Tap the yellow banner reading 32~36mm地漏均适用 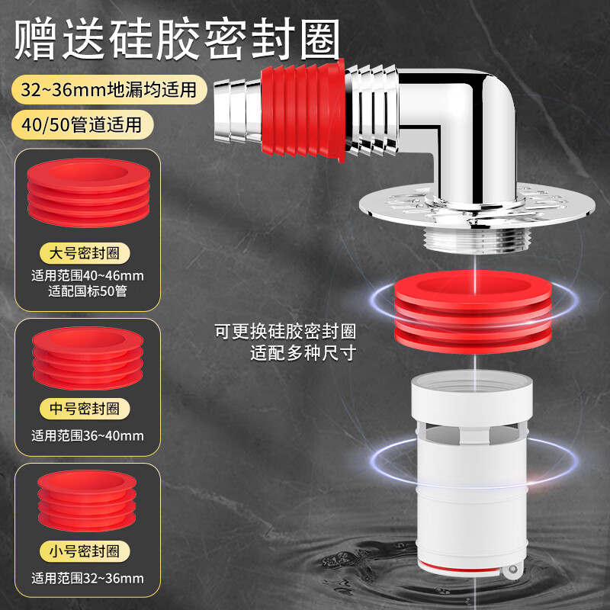pyautogui.click(x=108, y=89)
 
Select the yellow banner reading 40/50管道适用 pyautogui.click(x=82, y=124)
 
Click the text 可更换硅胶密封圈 pyautogui.click(x=285, y=332)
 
